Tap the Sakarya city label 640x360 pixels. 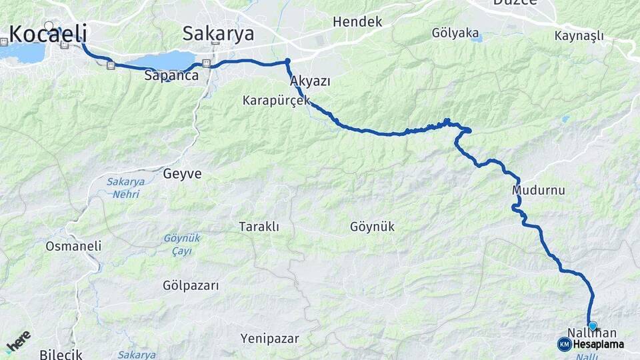218,33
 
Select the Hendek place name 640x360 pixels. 357,22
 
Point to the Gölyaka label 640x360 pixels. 455,32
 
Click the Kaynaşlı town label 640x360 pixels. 579,35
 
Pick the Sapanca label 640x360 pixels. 171,76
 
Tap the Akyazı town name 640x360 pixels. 311,81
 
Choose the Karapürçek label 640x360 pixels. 277,101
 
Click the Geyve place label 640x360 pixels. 181,174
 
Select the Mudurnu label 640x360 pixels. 538,191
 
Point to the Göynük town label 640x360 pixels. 372,227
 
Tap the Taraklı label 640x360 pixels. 259,227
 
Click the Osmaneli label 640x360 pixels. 73,246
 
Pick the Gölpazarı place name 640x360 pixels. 191,285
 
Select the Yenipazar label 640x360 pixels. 270,338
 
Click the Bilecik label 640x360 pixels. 61,354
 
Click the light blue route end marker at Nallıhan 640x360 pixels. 592,325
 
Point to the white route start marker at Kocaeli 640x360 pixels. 49,26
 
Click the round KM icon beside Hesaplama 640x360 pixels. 564,344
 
